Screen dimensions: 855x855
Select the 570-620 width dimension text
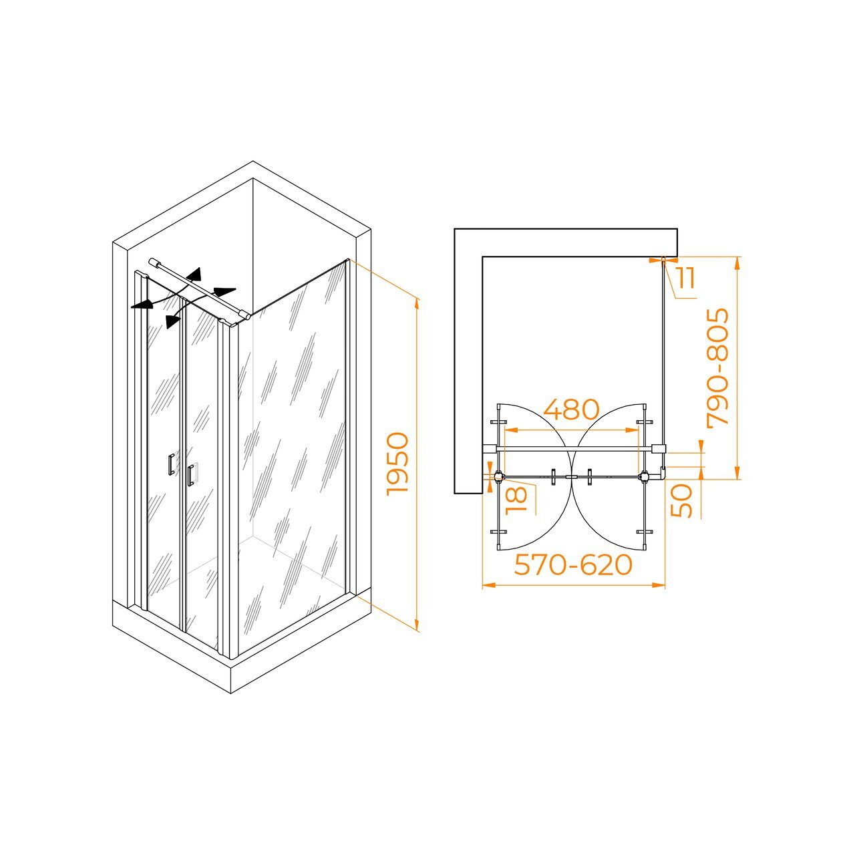click(x=573, y=565)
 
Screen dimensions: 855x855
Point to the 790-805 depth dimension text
click(x=717, y=368)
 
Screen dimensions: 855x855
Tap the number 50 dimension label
click(x=681, y=501)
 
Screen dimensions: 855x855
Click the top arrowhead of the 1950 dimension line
click(x=417, y=305)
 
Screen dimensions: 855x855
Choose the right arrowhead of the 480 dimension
click(x=632, y=430)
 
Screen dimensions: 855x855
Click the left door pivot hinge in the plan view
click(x=499, y=477)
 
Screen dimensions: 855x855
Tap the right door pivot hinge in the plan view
click(x=644, y=477)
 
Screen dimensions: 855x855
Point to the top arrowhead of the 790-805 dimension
click(x=737, y=264)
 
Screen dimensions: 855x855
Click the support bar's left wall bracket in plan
click(x=490, y=449)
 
